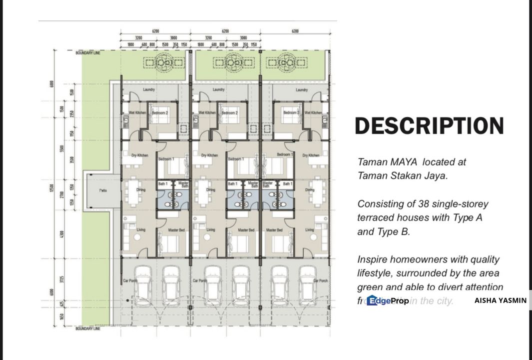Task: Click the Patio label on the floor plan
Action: click(103, 190)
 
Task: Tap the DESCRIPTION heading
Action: click(429, 126)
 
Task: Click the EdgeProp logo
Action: click(388, 300)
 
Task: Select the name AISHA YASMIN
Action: click(500, 300)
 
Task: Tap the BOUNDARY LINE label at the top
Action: click(88, 53)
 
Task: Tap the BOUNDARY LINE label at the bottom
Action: click(88, 328)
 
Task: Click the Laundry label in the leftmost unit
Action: click(148, 90)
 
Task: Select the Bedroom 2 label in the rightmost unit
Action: click(291, 113)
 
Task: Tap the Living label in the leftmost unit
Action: click(141, 230)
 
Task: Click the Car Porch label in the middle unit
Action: click(200, 281)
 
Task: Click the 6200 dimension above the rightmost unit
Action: click(295, 31)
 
